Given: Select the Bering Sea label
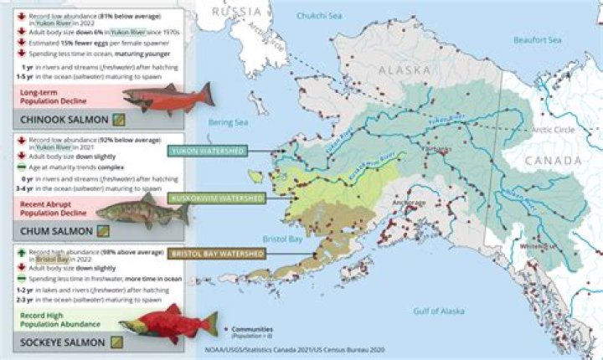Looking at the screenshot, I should tap(229, 122).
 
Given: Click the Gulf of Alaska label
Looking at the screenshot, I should tap(438, 311).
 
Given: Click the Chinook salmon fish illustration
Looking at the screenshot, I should tap(167, 99).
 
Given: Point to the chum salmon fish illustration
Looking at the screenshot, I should tap(142, 212).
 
